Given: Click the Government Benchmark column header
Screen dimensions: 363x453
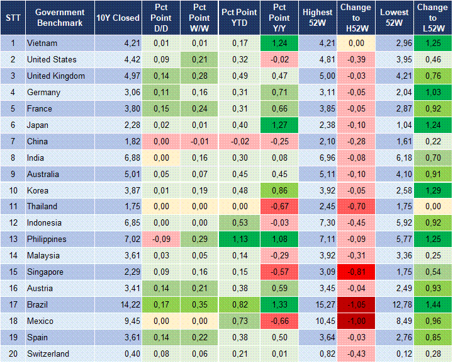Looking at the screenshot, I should (60, 18).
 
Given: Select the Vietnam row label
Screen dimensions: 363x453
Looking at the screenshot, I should (42, 43).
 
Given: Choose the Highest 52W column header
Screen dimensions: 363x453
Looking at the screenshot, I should (318, 18).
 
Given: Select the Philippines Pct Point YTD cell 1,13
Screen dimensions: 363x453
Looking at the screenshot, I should (238, 239).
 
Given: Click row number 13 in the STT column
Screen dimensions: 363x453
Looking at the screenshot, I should (13, 239).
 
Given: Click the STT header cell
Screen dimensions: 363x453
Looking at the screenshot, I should (13, 18).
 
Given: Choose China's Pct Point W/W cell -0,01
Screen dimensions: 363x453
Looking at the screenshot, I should (199, 141).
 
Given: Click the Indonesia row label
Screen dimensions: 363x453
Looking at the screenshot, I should (44, 223).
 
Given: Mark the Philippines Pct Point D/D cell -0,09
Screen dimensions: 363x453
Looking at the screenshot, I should (160, 239).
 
